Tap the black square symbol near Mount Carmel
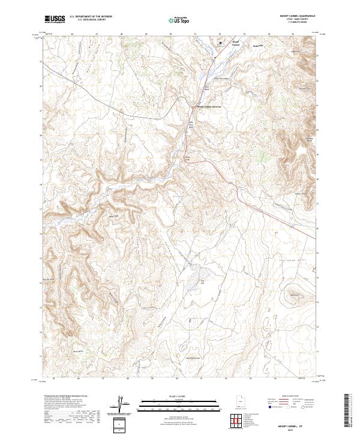click(220, 43)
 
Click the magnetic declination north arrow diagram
click(120, 404)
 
